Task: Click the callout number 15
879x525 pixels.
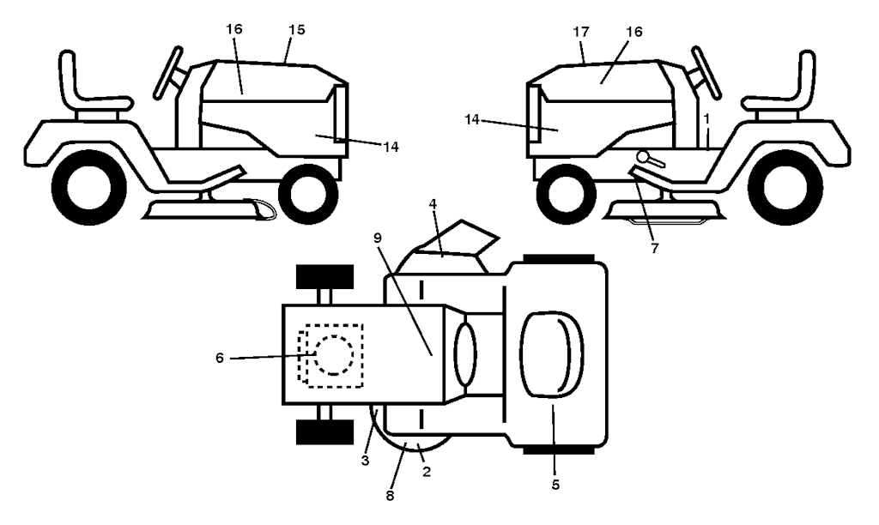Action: pos(297,30)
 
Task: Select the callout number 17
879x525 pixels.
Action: pos(581,32)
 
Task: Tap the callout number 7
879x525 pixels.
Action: pos(655,248)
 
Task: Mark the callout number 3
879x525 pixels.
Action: pos(366,462)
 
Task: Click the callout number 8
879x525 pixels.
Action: pos(390,495)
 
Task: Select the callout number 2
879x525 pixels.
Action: pos(427,472)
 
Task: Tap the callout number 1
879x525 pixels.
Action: pos(707,118)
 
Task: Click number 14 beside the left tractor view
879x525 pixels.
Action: pos(391,147)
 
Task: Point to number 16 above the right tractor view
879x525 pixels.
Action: pos(634,32)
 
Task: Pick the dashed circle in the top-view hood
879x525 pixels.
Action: pos(334,355)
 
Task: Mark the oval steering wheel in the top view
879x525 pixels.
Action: pos(465,354)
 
